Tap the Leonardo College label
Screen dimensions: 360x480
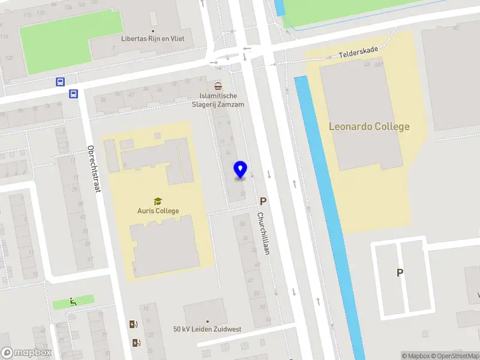[x=369, y=127]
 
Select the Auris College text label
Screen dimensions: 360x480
[x=158, y=211]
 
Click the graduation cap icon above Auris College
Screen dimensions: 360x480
[x=158, y=201]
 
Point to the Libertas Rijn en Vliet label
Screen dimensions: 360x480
[x=153, y=39]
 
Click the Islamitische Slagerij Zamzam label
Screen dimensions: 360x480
[x=218, y=100]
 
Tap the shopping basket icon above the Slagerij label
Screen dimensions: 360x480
[x=218, y=85]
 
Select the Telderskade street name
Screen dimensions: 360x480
[x=358, y=53]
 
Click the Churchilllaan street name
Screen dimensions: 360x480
[x=262, y=235]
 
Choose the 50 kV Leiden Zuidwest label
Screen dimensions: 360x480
[x=208, y=329]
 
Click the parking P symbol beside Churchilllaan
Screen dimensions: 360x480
[x=263, y=202]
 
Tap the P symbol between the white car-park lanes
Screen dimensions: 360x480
[x=400, y=273]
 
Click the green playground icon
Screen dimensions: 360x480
[x=73, y=302]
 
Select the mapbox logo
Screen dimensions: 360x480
[x=26, y=353]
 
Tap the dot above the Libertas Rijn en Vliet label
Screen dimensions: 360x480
[x=153, y=31]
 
